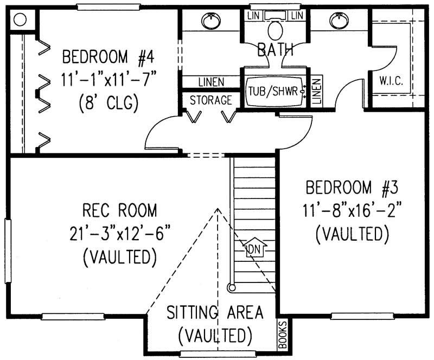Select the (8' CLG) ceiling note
click(x=108, y=102)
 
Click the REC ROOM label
click(x=120, y=210)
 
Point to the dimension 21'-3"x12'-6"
click(x=120, y=233)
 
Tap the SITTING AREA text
click(x=215, y=312)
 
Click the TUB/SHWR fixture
click(x=273, y=91)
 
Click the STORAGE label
click(x=211, y=100)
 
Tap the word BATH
click(x=275, y=50)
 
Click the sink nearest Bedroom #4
click(x=210, y=21)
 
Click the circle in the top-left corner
click(x=20, y=20)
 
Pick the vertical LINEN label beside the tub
click(x=317, y=90)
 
